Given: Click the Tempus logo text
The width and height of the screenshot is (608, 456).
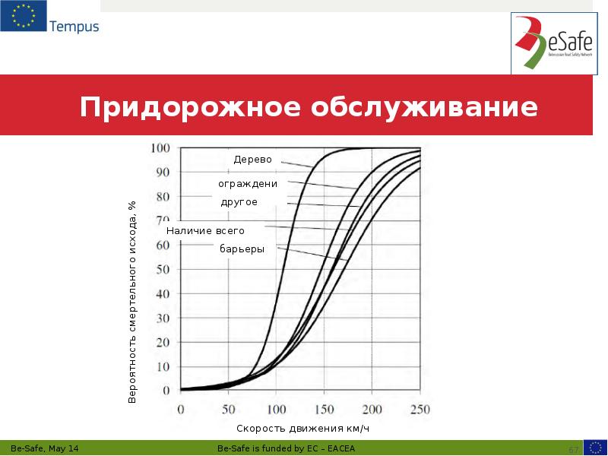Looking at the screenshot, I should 74,27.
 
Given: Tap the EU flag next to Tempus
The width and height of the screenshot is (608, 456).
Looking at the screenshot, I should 23,17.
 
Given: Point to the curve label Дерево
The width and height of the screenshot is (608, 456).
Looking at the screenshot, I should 252,160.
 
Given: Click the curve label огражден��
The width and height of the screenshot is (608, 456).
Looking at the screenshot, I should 247,184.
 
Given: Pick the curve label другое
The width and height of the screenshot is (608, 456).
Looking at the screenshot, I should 239,202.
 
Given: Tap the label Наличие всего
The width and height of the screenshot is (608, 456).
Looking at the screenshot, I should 205,230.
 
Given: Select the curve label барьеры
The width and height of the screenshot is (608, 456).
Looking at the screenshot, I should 242,249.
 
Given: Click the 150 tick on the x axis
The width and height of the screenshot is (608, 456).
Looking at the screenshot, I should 325,409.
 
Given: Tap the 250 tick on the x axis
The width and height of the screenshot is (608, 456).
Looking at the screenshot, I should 420,409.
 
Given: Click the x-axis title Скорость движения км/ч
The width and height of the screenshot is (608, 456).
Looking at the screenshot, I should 302,429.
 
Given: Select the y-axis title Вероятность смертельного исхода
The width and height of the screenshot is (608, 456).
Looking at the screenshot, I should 131,301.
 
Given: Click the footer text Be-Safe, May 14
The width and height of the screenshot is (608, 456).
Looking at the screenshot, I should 45,448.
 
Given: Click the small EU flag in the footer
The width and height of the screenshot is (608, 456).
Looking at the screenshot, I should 594,447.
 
